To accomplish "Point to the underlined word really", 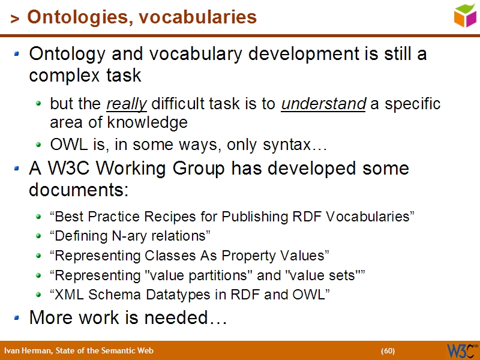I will click(127, 104).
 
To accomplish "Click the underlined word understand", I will click(323, 104).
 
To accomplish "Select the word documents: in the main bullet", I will click(79, 190).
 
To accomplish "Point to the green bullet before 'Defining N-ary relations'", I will click(39, 236).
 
